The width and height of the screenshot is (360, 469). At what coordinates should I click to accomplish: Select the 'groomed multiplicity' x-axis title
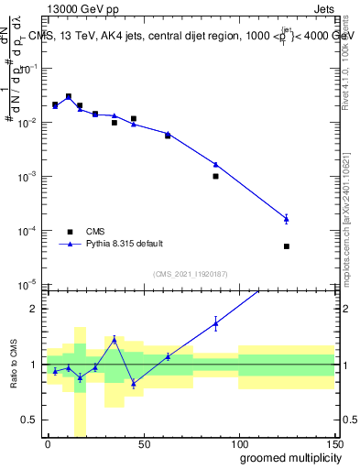click(x=286, y=457)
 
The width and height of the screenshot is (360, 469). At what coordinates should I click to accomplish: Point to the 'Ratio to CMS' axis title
click(x=14, y=365)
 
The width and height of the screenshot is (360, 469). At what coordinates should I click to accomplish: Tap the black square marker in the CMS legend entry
click(x=68, y=231)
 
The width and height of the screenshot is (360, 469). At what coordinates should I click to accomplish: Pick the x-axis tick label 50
click(x=143, y=442)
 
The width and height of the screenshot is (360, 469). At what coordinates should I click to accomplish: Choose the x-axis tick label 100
click(x=238, y=442)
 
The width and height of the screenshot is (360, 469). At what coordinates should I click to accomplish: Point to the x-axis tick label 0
click(x=48, y=442)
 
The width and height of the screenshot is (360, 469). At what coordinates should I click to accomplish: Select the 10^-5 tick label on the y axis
click(x=29, y=284)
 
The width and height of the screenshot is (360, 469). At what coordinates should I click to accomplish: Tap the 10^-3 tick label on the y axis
click(x=29, y=176)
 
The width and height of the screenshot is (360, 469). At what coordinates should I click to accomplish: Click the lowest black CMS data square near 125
click(x=287, y=246)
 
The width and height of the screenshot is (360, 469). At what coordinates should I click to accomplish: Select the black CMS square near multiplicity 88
click(x=215, y=176)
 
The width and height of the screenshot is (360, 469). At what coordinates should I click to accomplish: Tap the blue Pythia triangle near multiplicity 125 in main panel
click(x=287, y=218)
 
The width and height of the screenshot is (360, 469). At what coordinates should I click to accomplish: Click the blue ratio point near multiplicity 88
click(x=215, y=322)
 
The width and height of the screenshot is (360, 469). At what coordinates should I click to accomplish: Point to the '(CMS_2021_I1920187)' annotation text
click(x=189, y=273)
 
